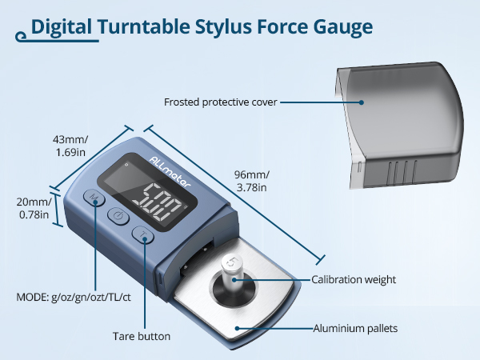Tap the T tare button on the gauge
[143, 236]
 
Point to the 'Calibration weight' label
[354, 279]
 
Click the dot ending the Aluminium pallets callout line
[238, 328]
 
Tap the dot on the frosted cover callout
[362, 102]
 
